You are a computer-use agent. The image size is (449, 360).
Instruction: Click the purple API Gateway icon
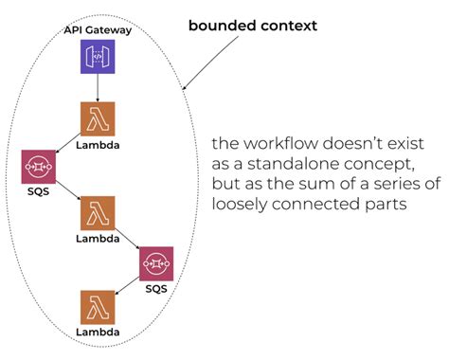tap(98, 59)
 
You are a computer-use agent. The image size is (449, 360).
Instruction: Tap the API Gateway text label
tap(98, 30)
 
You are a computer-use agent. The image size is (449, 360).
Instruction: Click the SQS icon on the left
tap(39, 166)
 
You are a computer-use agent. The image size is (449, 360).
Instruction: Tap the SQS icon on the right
tap(156, 262)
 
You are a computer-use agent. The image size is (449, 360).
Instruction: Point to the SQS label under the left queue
tap(38, 191)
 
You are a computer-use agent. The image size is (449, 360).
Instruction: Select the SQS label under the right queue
tap(156, 288)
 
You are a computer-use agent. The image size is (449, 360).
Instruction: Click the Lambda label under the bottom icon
tap(98, 333)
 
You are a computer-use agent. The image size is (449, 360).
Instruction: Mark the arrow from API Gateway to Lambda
tap(98, 88)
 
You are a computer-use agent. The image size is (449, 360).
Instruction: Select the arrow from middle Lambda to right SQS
tap(127, 237)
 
